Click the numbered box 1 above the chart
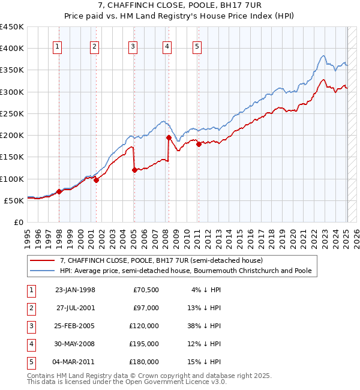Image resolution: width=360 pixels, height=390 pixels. coord(58,47)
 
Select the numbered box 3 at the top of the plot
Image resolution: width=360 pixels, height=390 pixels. coord(133,47)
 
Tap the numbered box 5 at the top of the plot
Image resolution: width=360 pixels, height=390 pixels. coord(197,47)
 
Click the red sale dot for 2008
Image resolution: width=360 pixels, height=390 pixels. coord(169,138)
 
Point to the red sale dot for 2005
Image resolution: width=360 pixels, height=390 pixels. coord(134,170)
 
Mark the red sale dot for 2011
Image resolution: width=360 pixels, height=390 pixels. coord(199,144)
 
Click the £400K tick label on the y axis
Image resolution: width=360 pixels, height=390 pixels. coord(12,49)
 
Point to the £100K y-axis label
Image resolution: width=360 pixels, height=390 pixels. coord(12,179)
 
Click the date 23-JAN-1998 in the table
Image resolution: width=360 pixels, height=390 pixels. coord(75,290)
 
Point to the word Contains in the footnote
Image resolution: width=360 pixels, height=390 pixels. coord(42,376)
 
